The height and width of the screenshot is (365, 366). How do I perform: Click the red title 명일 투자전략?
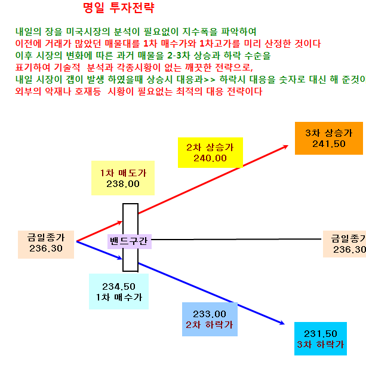(119, 8)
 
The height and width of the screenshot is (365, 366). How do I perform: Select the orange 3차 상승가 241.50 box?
(328, 138)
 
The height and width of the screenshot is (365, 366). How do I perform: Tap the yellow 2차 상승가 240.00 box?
(210, 153)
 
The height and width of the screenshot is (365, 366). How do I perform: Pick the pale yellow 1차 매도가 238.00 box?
(123, 178)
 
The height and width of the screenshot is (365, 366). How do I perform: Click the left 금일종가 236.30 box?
(46, 244)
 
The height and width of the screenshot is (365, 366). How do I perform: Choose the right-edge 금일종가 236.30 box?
(345, 244)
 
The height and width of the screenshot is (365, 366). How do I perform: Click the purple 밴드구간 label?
(130, 241)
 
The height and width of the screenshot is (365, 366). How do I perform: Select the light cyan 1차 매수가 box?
(119, 292)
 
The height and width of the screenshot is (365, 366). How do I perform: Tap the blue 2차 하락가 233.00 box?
(210, 319)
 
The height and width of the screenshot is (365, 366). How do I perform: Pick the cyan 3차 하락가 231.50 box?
(321, 339)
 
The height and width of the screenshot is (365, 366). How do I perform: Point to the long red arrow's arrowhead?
(286, 147)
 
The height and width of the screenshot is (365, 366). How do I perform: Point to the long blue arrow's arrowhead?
(282, 323)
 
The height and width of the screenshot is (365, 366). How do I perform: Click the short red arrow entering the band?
(100, 231)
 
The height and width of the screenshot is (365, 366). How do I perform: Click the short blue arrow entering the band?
(100, 250)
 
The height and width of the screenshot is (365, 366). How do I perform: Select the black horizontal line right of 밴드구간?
(236, 240)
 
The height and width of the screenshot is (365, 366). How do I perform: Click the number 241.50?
(329, 144)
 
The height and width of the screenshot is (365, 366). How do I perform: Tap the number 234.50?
(119, 287)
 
